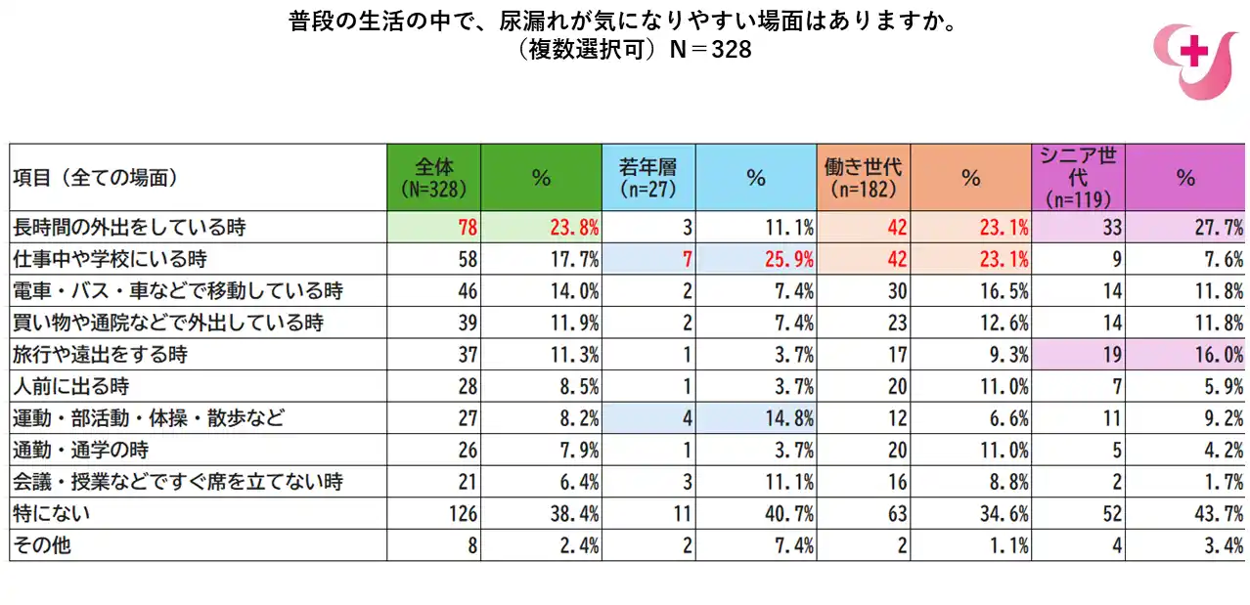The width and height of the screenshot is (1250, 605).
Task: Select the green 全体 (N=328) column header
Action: coord(433,177)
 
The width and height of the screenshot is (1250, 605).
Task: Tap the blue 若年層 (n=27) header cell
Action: coord(648,177)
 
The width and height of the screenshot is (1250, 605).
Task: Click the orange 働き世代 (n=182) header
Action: coord(863,177)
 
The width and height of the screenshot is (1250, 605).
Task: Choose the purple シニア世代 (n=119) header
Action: coord(1078,177)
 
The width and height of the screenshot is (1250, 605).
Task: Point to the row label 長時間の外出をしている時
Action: coord(128,228)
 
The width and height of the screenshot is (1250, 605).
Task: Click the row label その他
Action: coord(42,545)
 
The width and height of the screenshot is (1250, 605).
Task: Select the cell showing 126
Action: coord(461,513)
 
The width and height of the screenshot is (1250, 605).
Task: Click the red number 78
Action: coord(467,228)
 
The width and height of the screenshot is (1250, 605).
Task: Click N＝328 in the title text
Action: coord(710,50)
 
